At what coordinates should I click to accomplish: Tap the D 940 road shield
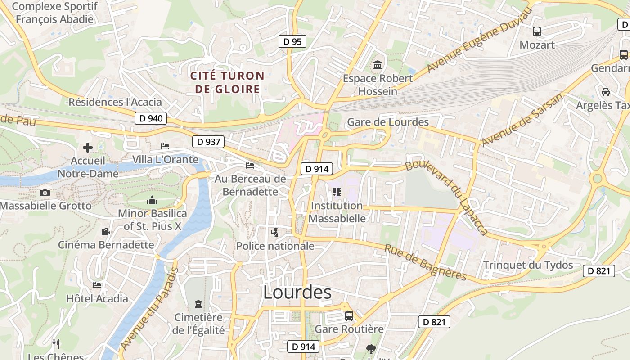tap(151, 119)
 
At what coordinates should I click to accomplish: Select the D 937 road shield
tap(209, 142)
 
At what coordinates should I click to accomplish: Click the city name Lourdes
tap(297, 292)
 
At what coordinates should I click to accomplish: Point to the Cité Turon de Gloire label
tap(228, 82)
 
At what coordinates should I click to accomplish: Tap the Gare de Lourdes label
tap(388, 122)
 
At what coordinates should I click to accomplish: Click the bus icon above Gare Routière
tap(349, 316)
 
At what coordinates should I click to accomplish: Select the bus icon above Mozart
tap(537, 31)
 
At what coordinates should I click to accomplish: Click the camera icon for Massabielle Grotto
tap(45, 193)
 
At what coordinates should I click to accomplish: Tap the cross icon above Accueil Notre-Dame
tap(88, 148)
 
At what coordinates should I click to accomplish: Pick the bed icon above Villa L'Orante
tap(165, 146)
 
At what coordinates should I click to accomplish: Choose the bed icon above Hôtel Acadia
tap(97, 285)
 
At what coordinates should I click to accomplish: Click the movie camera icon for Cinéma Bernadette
tap(106, 232)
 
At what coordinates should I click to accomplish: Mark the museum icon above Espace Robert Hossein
tap(378, 65)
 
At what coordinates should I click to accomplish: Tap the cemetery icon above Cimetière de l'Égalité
tap(198, 305)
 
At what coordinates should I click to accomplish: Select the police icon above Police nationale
tap(275, 233)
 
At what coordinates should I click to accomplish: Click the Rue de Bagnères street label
tap(426, 262)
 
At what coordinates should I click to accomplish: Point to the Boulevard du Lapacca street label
tap(446, 197)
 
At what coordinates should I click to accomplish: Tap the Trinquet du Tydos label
tap(528, 265)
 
